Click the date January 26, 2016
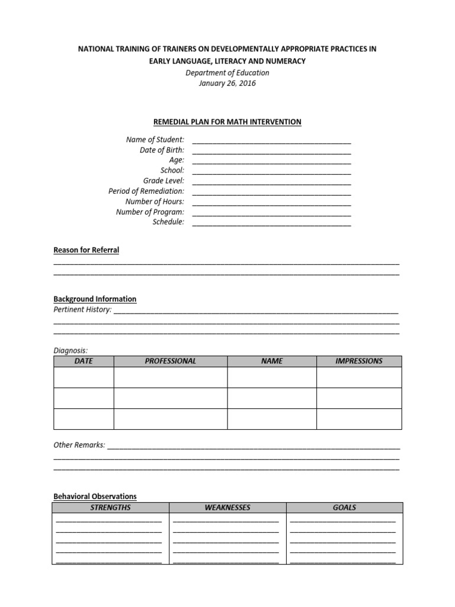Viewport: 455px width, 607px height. (227, 84)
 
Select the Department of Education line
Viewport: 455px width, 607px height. (227, 73)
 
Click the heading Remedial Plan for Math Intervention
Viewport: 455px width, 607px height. (227, 122)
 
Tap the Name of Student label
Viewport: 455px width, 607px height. (155, 140)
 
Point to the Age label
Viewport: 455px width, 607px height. (177, 160)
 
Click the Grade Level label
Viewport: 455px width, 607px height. (164, 181)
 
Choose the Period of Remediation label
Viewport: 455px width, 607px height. (146, 191)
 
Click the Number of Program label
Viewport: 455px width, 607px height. (150, 212)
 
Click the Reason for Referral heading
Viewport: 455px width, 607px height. (86, 250)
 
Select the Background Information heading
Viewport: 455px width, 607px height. (95, 299)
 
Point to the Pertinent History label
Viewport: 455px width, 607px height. (82, 309)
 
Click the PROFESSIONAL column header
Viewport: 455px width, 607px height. (170, 361)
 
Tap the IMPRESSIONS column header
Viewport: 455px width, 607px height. (358, 361)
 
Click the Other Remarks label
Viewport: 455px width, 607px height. (79, 445)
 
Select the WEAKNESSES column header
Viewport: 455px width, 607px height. (227, 508)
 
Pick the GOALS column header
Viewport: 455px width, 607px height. (344, 508)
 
